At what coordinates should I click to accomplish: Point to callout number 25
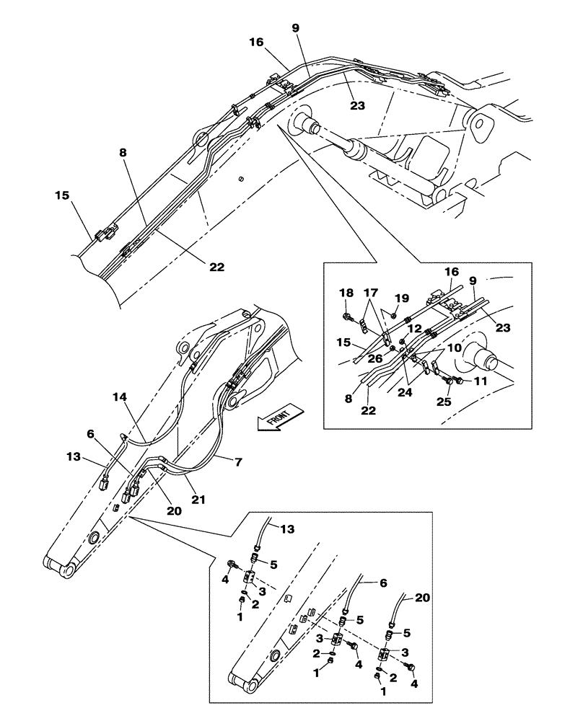click(444, 401)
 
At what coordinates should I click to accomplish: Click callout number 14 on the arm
click(119, 397)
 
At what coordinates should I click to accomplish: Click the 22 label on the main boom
click(217, 267)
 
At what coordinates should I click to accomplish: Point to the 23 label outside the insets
click(358, 105)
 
